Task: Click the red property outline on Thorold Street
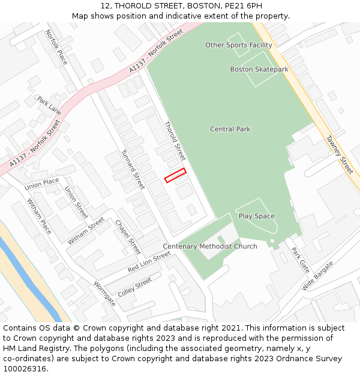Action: (175, 175)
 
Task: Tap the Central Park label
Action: (230, 129)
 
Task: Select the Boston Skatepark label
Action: (259, 69)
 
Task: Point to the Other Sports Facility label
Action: (238, 45)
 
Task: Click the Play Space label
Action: (256, 216)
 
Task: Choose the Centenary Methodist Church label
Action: (210, 247)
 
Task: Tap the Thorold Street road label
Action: (175, 140)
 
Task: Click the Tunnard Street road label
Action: (133, 169)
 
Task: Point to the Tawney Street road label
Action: (339, 154)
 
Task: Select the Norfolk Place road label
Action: (57, 47)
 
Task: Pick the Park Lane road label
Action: (49, 104)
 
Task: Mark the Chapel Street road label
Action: (128, 236)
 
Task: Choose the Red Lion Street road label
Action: (149, 262)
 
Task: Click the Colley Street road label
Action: (135, 287)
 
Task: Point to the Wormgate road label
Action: (104, 293)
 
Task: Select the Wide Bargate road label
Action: (317, 276)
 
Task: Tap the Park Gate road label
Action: (300, 259)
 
